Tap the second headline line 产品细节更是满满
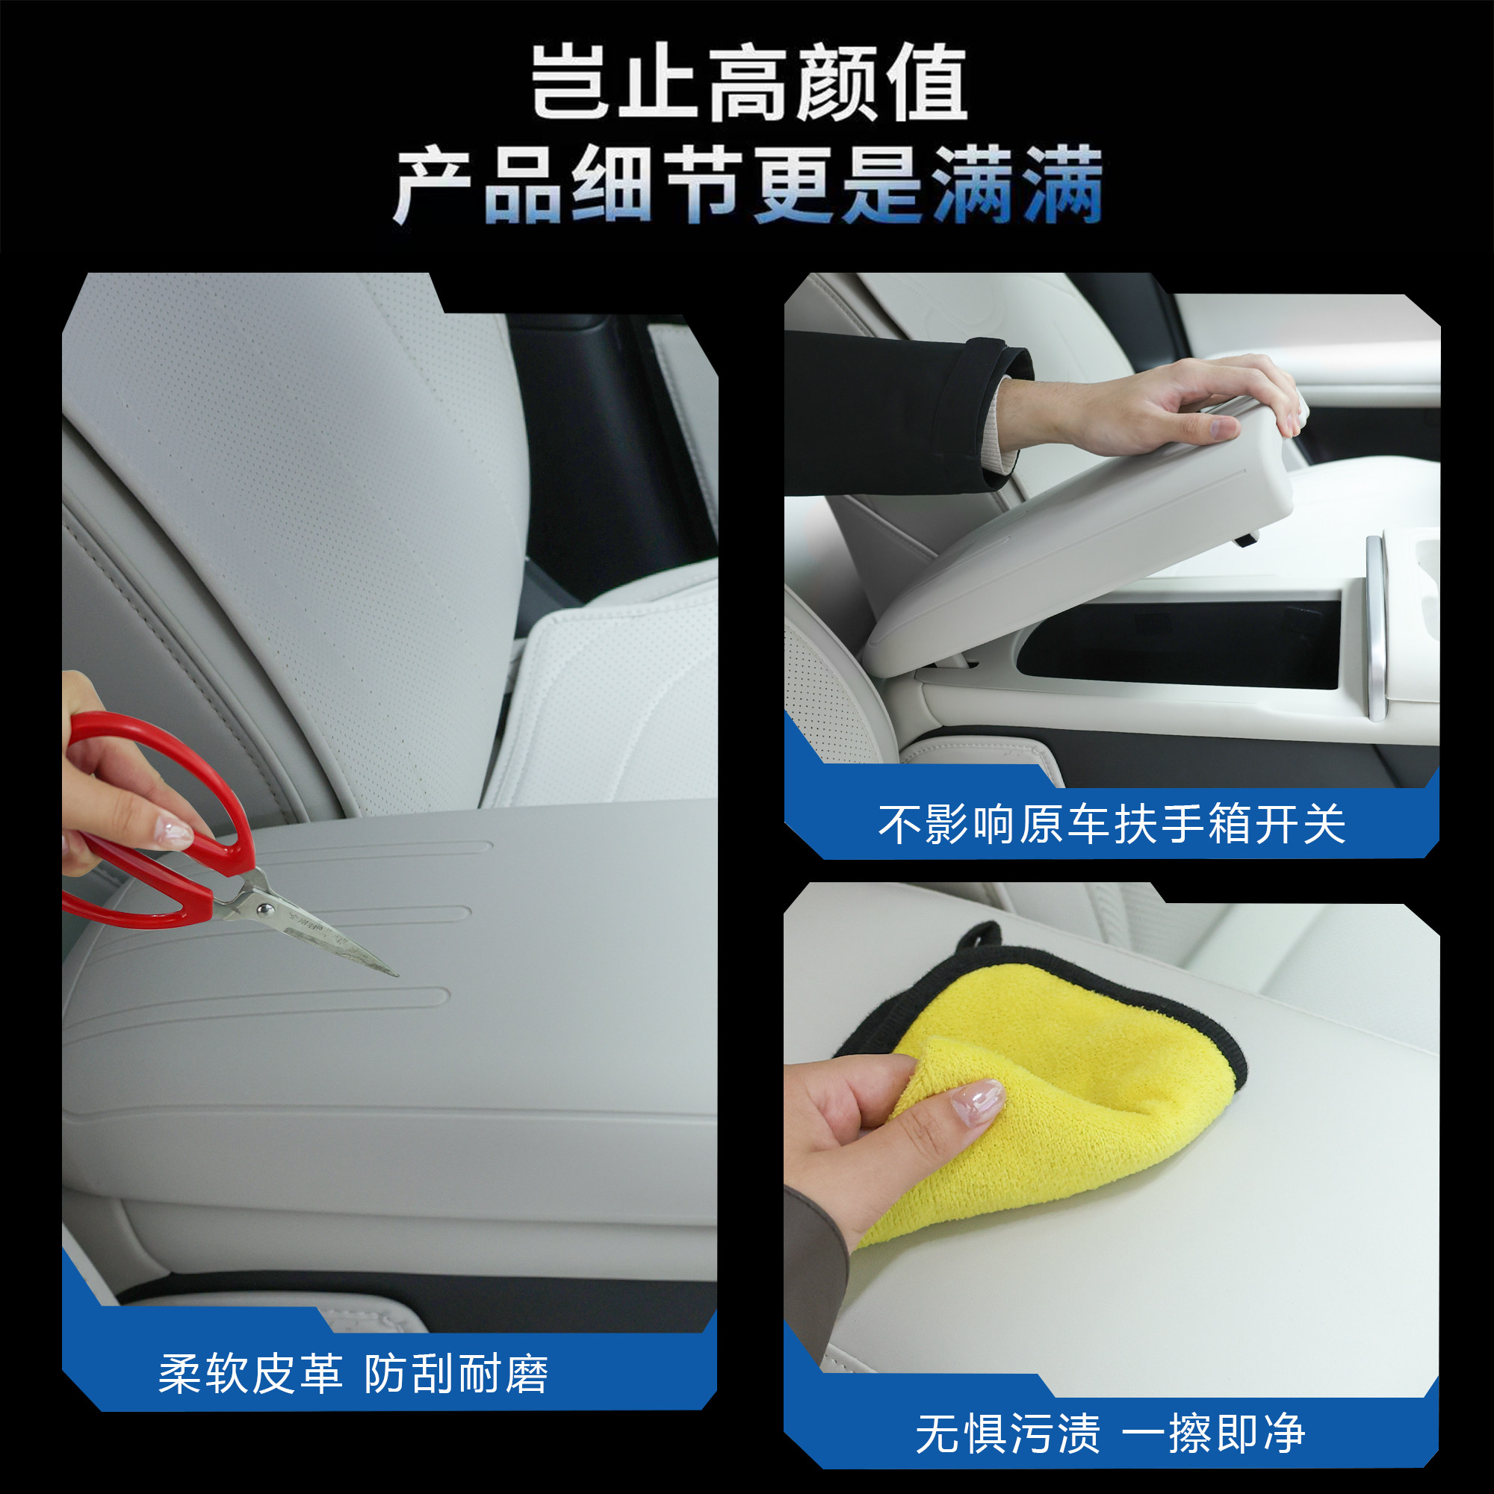tap(747, 185)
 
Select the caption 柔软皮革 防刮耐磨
tap(353, 1374)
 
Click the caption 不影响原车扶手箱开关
tap(1112, 825)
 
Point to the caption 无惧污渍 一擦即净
tap(1111, 1433)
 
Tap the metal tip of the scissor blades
tap(391, 971)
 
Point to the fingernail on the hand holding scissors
tap(174, 833)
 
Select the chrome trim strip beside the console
tap(1377, 627)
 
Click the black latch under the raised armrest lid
tap(1245, 538)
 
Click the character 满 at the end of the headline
tap(1062, 185)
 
